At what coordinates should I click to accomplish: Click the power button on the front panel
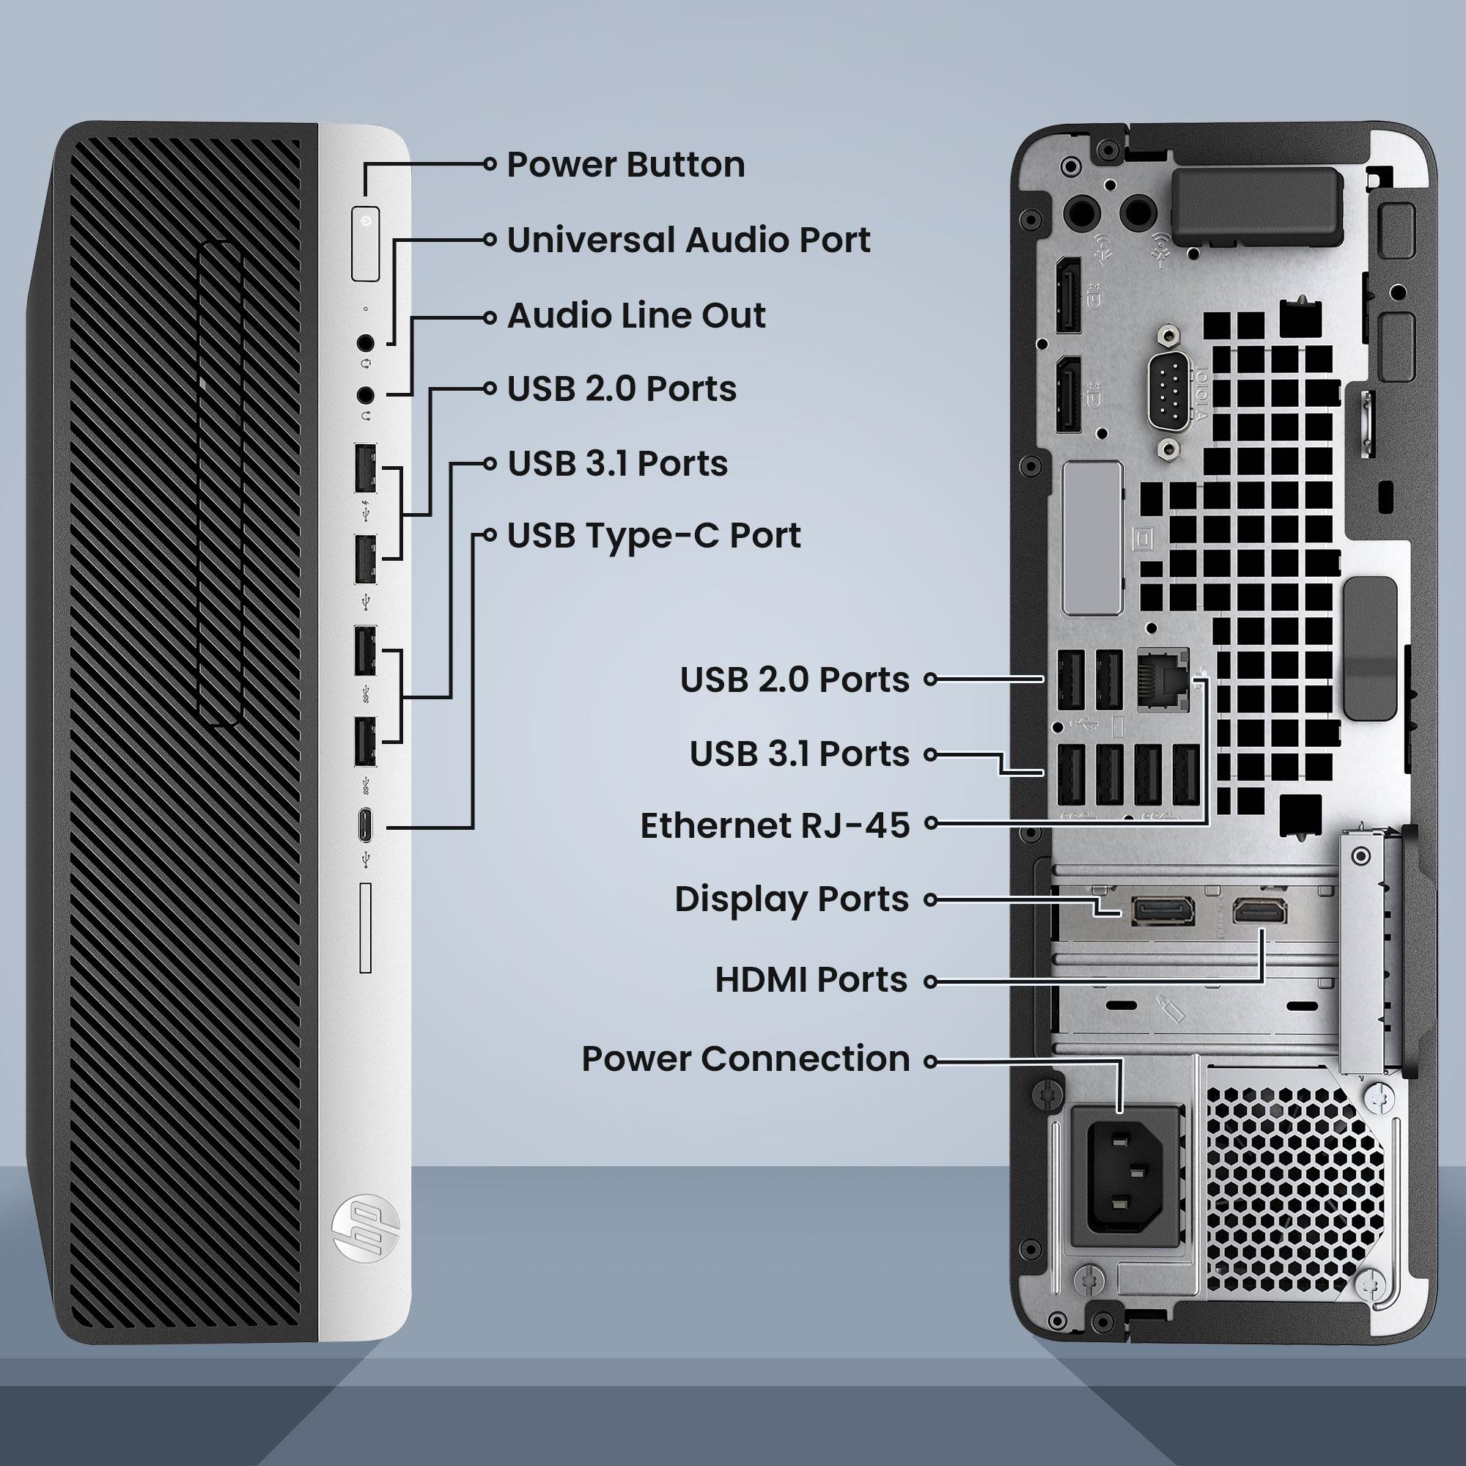(366, 243)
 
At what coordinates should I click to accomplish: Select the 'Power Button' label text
(625, 165)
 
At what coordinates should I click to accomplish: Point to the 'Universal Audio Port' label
(688, 240)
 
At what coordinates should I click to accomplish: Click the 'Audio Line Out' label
(636, 316)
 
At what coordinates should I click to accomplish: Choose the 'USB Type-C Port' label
(653, 536)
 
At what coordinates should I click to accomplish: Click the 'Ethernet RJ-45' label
(775, 825)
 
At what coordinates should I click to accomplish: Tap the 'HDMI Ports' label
(811, 979)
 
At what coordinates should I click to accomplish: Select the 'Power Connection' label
(745, 1058)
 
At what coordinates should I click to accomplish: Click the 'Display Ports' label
(792, 899)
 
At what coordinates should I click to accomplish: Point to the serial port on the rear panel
(1171, 394)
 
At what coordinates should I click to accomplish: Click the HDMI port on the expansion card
(1259, 910)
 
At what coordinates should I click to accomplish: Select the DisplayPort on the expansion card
(1163, 910)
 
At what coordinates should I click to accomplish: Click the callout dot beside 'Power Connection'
(930, 1061)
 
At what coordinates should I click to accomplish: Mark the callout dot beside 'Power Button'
(490, 163)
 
